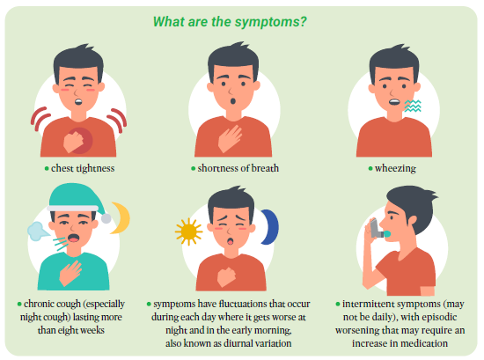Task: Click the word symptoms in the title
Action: (270, 22)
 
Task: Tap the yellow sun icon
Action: (188, 231)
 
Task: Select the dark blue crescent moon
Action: (270, 227)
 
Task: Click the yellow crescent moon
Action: (121, 217)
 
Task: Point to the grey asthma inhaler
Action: (376, 229)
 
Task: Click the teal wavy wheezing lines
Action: (413, 106)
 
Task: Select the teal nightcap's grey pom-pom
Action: (106, 218)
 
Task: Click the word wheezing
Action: (395, 169)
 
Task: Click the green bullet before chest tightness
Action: (47, 169)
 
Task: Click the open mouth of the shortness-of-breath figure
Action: (232, 101)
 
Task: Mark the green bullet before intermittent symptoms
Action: (338, 305)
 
